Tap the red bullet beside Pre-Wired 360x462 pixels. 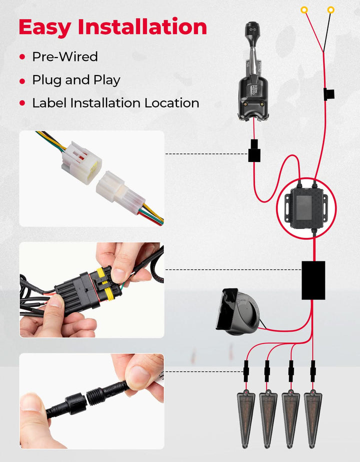(22, 56)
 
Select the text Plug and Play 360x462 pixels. (76, 80)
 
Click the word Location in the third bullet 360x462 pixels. (172, 103)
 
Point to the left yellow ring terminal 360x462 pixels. (304, 10)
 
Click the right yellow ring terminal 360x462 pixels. (331, 10)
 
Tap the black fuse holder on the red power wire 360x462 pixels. (328, 94)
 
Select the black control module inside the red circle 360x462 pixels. (306, 207)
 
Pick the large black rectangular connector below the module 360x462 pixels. (313, 280)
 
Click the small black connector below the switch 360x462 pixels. (254, 150)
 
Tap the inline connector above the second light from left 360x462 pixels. (267, 371)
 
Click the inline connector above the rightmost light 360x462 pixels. (313, 371)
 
